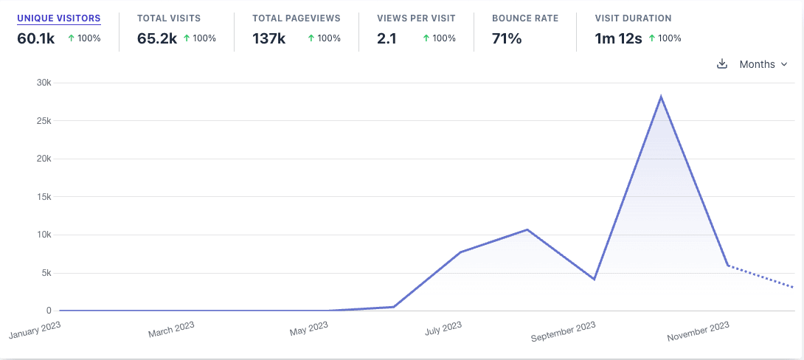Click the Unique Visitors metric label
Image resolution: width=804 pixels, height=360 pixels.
point(59,18)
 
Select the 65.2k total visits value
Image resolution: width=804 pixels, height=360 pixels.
point(157,38)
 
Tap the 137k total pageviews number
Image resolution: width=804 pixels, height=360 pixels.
point(268,38)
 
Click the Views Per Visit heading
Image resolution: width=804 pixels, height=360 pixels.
point(416,18)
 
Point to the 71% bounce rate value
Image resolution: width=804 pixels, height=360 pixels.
point(507,38)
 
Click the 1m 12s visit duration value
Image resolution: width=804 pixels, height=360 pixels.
point(619,38)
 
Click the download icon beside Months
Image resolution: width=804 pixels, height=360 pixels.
point(722,64)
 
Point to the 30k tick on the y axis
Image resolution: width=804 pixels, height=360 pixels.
point(44,83)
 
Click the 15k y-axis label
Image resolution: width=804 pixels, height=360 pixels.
point(44,197)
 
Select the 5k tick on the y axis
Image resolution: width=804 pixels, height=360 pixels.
point(46,273)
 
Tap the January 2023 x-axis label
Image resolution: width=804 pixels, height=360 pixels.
point(34,329)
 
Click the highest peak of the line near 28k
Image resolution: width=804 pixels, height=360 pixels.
point(661,97)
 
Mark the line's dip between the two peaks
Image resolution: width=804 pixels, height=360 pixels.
point(594,279)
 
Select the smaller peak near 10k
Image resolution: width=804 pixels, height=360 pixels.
point(527,229)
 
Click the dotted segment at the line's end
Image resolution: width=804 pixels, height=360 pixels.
point(760,277)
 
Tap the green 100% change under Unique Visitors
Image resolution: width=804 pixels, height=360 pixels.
point(84,38)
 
